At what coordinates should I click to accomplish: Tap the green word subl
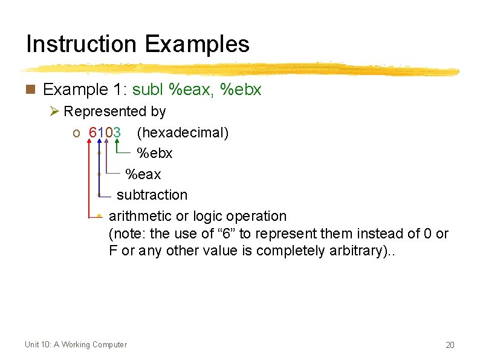click(x=148, y=90)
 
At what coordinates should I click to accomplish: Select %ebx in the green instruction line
click(x=241, y=90)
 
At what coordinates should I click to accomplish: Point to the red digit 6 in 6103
click(x=92, y=133)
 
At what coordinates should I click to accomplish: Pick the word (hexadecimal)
click(x=183, y=133)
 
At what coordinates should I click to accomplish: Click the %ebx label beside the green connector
click(x=155, y=154)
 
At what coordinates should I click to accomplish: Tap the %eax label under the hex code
click(x=143, y=174)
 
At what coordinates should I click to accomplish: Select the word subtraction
click(x=152, y=195)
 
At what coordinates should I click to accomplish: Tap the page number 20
click(x=450, y=345)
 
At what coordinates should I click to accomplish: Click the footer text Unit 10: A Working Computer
click(x=76, y=345)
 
